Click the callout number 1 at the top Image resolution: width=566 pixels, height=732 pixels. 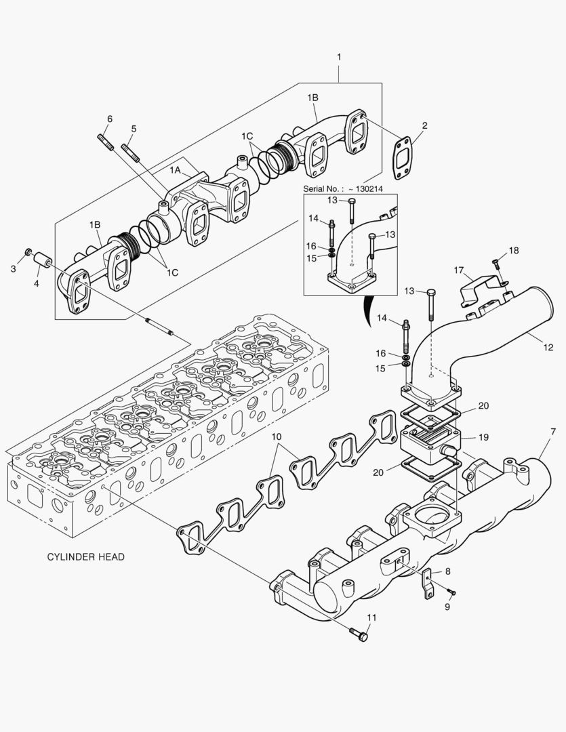(339, 57)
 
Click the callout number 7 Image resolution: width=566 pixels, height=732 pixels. (552, 432)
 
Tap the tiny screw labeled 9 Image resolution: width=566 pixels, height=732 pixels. (452, 593)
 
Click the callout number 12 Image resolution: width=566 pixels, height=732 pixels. (548, 348)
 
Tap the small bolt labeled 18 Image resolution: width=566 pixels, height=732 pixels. (496, 263)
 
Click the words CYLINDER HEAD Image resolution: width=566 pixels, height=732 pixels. (85, 556)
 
